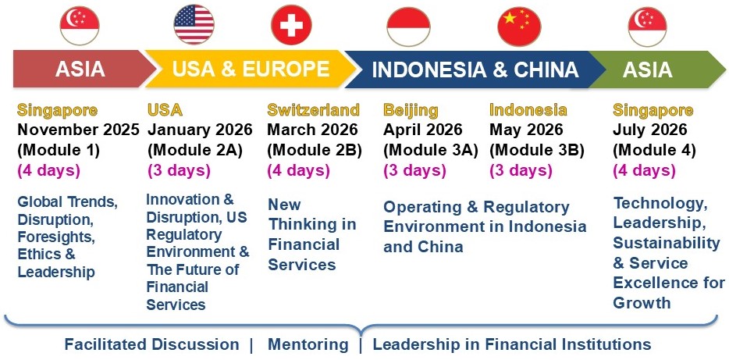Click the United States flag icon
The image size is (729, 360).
pos(194,25)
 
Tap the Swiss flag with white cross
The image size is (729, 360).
pos(291,25)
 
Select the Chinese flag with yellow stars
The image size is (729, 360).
pos(519,27)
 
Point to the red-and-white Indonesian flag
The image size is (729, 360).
pos(409,27)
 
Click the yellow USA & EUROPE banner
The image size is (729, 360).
pos(251,69)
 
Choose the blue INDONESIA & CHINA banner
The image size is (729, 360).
pos(475,70)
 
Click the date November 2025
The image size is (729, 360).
pos(78,130)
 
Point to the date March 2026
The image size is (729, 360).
pos(312,130)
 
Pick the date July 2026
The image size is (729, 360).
pos(649,130)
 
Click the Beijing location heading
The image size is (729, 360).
pos(411,111)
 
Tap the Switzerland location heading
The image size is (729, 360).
pos(313,110)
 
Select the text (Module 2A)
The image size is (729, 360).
pos(195,150)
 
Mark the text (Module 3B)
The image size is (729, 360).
pos(537,150)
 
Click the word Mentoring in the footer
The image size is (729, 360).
pos(308,344)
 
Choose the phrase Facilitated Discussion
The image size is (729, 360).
pos(151,344)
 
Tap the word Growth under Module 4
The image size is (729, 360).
pos(642,303)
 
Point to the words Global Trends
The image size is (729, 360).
pos(67,202)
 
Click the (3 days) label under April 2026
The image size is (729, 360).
pos(414,171)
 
